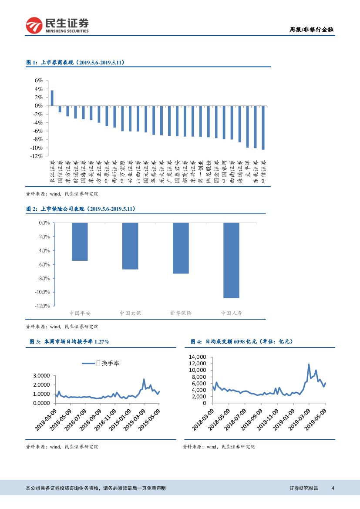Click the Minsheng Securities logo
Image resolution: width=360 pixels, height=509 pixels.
[57, 25]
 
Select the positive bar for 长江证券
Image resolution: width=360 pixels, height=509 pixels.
[52, 98]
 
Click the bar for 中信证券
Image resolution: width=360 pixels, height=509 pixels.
[263, 127]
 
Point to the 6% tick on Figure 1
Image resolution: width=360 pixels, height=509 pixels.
[39, 81]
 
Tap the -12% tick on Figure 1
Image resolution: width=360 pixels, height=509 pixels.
[37, 156]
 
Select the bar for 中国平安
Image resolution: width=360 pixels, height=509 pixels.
[80, 242]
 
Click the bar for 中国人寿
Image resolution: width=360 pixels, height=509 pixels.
[231, 260]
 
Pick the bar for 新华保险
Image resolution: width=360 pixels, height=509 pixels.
[181, 248]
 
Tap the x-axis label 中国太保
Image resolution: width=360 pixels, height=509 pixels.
[130, 313]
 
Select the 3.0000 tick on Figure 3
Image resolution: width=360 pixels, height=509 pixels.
[41, 375]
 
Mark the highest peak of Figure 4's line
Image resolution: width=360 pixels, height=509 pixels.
[309, 364]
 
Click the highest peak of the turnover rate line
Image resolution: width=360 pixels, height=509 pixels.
[144, 379]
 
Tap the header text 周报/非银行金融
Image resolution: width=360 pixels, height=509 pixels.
[311, 30]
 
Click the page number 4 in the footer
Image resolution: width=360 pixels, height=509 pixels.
[333, 488]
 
